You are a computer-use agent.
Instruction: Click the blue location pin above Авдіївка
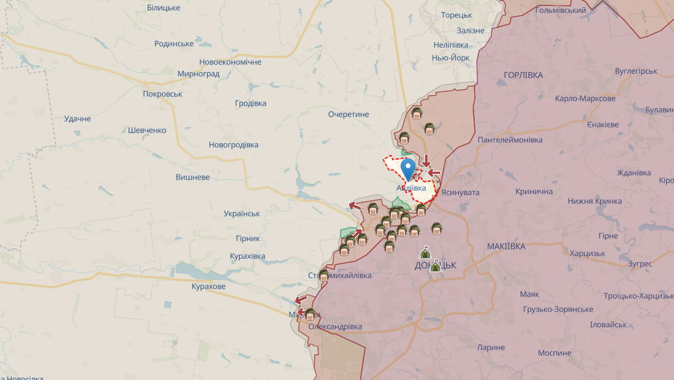coord(408,169)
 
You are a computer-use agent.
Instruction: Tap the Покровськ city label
coord(162,94)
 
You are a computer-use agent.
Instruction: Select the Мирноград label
coord(198,74)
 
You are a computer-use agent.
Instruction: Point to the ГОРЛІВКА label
coord(523,75)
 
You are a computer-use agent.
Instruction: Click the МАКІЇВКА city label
coord(506,246)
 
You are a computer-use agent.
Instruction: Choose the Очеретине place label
coord(349,114)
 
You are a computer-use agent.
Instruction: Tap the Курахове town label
coord(208,286)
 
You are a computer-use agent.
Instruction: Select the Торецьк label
coord(457,15)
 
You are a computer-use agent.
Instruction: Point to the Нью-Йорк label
coord(451,58)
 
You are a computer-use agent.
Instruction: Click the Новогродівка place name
coord(233,145)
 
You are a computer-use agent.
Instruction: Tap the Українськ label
coord(242,214)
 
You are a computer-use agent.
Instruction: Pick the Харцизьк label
coord(588,253)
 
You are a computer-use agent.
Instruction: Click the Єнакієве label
coord(602,124)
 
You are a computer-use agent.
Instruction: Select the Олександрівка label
coord(335,327)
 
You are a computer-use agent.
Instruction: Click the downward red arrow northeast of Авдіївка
coord(426,160)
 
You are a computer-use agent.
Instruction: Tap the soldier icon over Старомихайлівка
coord(324,275)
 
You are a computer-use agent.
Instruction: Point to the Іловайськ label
coord(608,325)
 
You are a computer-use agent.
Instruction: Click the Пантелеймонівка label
coord(510,140)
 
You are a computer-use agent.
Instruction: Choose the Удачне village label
coord(77,119)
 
